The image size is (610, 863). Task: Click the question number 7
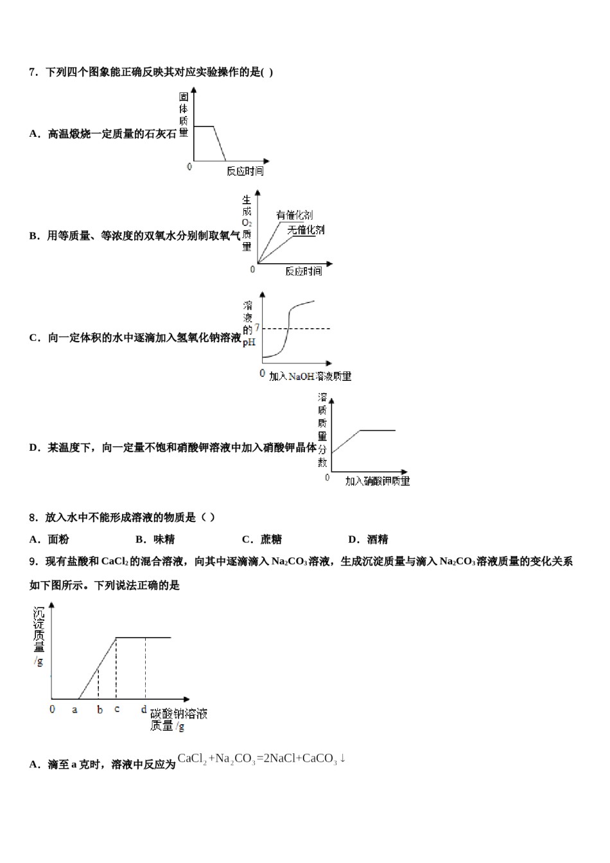pos(33,73)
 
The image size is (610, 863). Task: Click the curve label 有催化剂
pos(294,215)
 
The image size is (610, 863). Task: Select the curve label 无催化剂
pos(306,230)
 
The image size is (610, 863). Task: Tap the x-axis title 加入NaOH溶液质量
pos(310,376)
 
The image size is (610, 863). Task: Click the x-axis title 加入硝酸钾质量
pos(377,481)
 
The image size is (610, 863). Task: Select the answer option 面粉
pos(58,539)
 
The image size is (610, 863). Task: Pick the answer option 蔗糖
pos(270,539)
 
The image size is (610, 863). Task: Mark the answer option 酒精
pos(377,539)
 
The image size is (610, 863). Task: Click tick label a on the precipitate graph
pos(74,710)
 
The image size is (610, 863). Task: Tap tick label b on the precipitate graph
pos(100,710)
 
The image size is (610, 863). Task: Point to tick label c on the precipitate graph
pos(117,709)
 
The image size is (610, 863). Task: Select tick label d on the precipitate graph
pos(144,709)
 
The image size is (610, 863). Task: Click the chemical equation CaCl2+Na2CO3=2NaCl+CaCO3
pos(261,759)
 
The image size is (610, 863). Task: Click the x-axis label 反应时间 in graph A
pos(245,171)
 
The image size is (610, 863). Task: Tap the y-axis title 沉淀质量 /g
pos(39,636)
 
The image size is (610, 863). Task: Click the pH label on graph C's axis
pos(248,342)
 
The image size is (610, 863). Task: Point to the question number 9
pos(33,562)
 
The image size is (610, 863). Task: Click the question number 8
pos(33,518)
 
